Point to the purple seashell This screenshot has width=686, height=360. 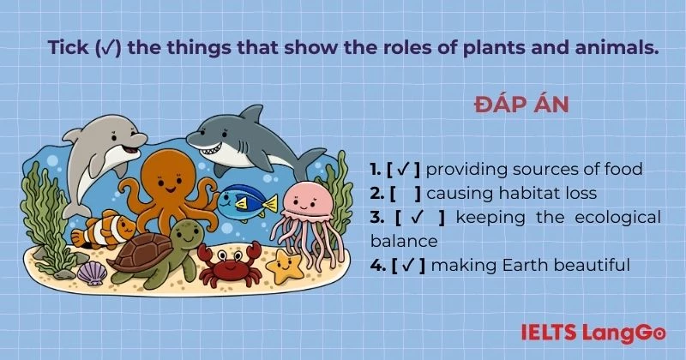93,273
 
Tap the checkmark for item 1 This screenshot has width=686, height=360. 402,169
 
